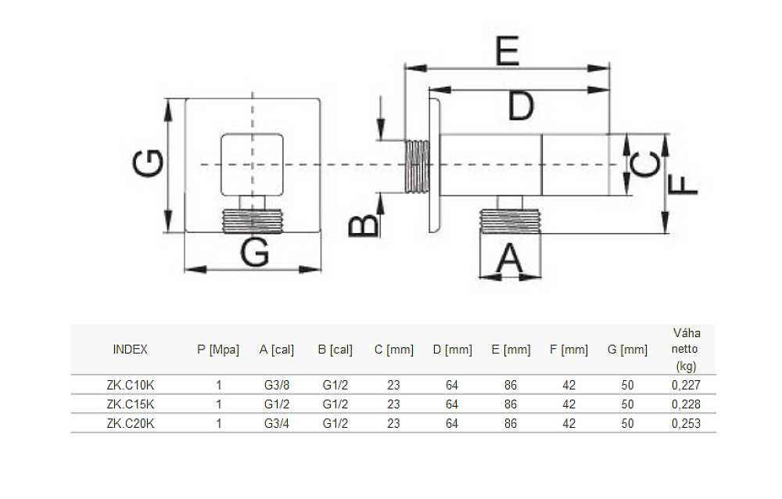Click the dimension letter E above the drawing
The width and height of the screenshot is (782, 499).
pos(508,52)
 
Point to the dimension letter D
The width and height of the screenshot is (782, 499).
pos(521,106)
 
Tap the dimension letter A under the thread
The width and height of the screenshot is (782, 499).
pos(510,258)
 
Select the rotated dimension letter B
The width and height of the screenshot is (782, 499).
pos(363,225)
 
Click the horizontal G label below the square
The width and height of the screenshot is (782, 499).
pos(254,252)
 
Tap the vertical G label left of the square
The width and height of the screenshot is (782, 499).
pos(148,163)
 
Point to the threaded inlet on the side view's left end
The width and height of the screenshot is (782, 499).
pos(417,166)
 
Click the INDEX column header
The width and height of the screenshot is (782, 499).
pos(130,350)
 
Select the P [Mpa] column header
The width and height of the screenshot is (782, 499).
pos(218,350)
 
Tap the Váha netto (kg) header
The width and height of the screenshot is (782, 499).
pos(687,350)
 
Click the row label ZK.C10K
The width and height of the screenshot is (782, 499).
pos(130,386)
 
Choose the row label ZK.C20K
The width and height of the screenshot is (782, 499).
pos(130,424)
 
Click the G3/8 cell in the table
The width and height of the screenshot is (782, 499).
pos(277,386)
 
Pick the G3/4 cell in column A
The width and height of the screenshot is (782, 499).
pos(277,424)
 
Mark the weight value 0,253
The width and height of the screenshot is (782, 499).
pos(687,424)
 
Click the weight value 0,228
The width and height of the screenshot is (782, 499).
pos(687,404)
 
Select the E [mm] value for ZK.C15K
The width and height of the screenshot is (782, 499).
pos(511,404)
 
